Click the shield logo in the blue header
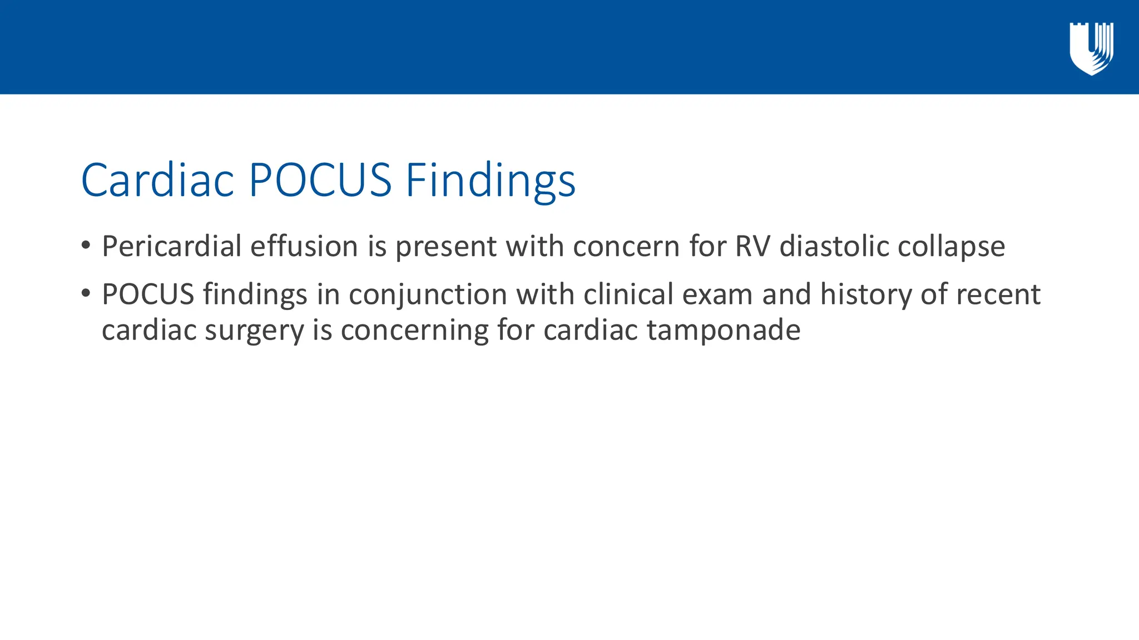pyautogui.click(x=1091, y=49)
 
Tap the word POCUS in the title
pyautogui.click(x=320, y=180)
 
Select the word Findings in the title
pyautogui.click(x=490, y=181)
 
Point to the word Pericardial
pyautogui.click(x=171, y=246)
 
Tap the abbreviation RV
pyautogui.click(x=752, y=246)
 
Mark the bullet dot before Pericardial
pyautogui.click(x=85, y=245)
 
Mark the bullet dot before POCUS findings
pyautogui.click(x=85, y=293)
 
